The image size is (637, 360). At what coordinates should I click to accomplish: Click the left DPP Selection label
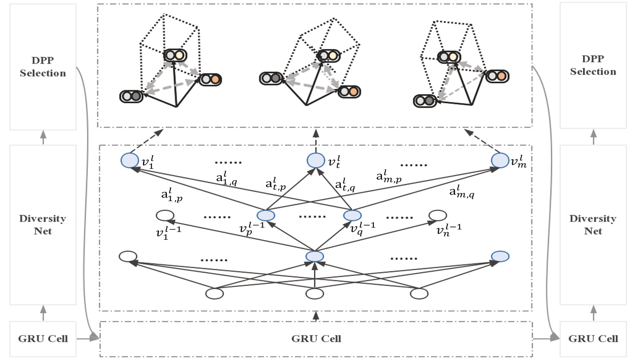(43, 67)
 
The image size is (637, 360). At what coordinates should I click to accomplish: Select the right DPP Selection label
(593, 65)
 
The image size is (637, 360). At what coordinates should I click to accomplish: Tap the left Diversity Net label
(43, 225)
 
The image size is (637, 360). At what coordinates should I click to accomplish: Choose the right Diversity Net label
(593, 225)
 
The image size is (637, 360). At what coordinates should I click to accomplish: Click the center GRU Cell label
(316, 339)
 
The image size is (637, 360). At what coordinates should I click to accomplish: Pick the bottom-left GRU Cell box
(43, 339)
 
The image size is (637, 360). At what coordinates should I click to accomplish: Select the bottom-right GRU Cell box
(593, 339)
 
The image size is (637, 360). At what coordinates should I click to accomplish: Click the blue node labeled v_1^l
(130, 160)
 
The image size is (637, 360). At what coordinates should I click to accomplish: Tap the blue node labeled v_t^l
(316, 160)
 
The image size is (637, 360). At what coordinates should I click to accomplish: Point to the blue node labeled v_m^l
(500, 160)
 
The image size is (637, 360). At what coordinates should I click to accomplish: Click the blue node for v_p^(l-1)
(265, 215)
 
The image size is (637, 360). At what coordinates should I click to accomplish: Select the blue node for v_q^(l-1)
(352, 215)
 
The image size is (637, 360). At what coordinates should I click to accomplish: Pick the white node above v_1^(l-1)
(165, 215)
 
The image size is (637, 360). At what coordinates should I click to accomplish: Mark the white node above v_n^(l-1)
(437, 215)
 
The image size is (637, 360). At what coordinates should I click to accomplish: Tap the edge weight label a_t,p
(276, 184)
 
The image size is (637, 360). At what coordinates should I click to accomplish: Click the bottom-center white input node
(315, 294)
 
